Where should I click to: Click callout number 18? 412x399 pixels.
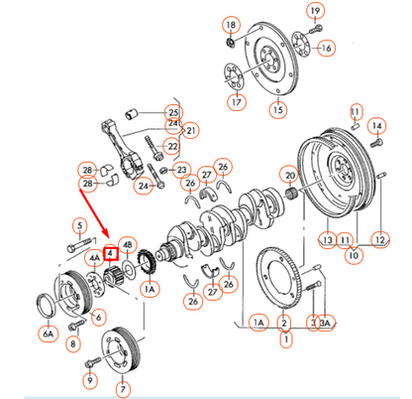(231, 24)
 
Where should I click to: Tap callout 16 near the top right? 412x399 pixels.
(326, 47)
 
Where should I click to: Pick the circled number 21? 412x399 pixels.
(190, 130)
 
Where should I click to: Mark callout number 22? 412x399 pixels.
(171, 148)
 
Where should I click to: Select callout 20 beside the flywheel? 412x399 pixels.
(290, 177)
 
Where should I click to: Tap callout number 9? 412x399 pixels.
(89, 378)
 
